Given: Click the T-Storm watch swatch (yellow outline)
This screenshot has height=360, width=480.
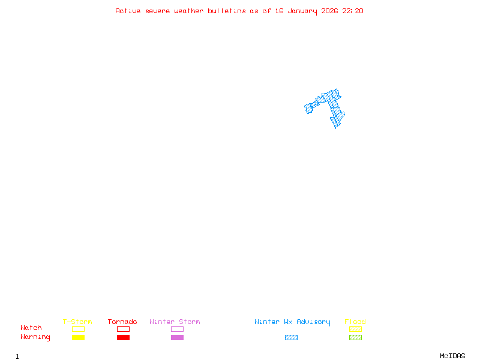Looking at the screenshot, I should pos(78,329).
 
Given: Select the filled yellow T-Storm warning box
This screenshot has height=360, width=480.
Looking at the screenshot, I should pos(78,338).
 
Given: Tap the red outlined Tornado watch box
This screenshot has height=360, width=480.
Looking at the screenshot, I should pos(123,329).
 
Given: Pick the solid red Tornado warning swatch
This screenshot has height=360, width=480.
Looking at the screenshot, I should pos(123,338).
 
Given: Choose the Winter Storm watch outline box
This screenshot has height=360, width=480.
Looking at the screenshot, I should pos(177,329).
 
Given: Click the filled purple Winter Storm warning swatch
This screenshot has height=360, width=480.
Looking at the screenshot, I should pos(177,338).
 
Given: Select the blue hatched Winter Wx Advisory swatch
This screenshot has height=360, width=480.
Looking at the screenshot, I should pos(291,338).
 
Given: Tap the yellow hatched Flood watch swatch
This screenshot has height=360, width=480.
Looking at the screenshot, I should pos(355,329).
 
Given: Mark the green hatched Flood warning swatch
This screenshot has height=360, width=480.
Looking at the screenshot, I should pos(355,338).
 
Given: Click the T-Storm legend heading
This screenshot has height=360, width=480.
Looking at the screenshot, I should pos(77,322).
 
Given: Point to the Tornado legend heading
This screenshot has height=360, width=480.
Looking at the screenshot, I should pos(122,322).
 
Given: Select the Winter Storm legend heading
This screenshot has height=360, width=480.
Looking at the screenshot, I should pos(175,322).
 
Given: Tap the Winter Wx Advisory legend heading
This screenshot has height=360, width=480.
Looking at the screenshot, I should pos(292,322).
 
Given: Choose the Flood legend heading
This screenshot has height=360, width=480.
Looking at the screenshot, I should pos(355,322).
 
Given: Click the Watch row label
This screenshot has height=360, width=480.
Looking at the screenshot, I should pos(31,328).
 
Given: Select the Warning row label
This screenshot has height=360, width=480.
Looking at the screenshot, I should pos(35,337).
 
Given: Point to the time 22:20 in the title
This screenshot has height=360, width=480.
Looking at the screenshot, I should pos(353,11).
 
